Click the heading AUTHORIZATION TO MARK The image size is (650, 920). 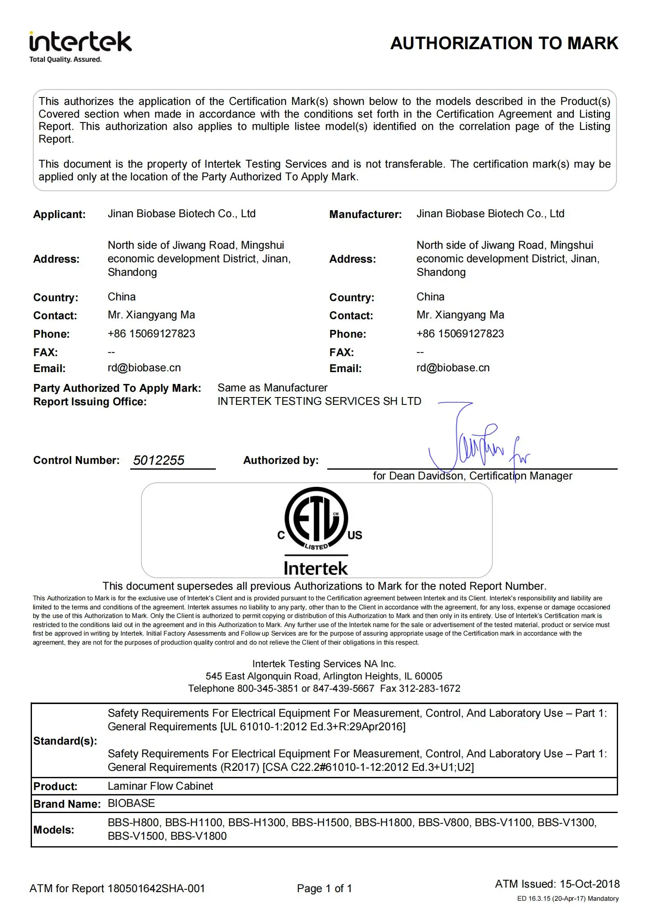click(x=504, y=43)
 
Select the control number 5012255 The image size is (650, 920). click(x=159, y=460)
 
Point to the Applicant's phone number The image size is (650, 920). click(x=151, y=334)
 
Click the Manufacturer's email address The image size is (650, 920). click(x=453, y=368)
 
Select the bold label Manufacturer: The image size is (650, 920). click(x=365, y=214)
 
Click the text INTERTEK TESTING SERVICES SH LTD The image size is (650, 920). click(x=319, y=401)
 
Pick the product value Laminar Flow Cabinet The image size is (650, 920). click(x=160, y=786)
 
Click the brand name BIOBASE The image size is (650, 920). click(x=131, y=803)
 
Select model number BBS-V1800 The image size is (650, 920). click(x=198, y=836)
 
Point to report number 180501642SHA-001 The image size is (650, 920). click(x=156, y=888)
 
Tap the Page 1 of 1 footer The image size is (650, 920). click(x=324, y=888)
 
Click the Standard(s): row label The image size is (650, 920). click(x=65, y=741)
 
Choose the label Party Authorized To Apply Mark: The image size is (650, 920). click(x=117, y=388)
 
